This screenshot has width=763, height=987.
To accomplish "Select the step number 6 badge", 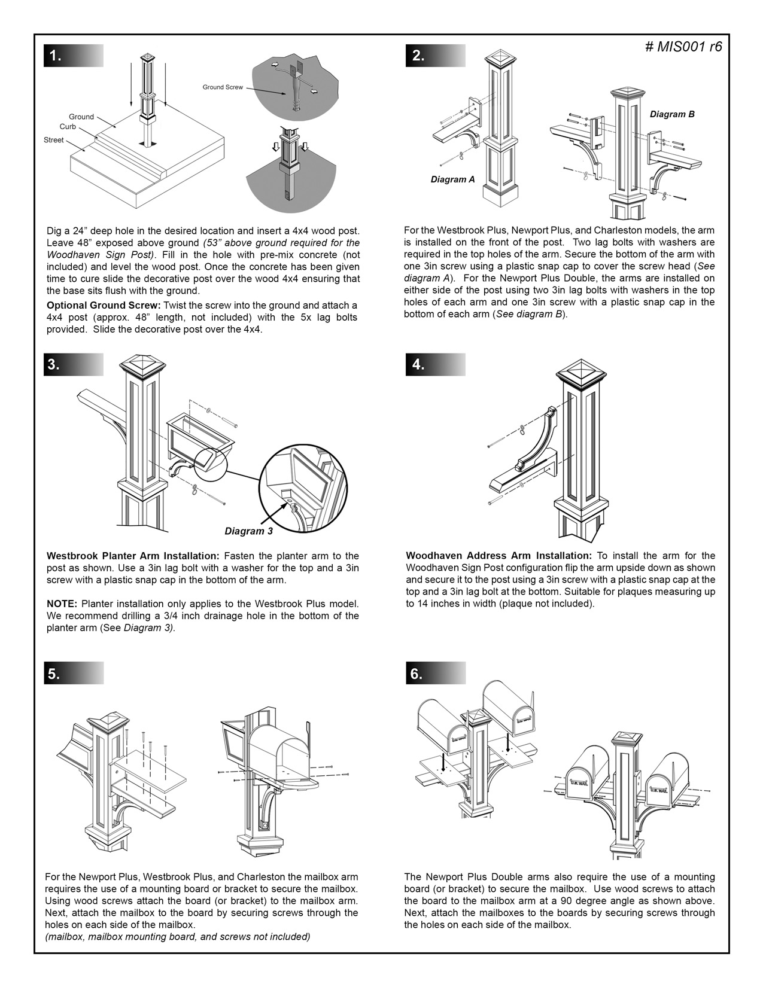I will [417, 674].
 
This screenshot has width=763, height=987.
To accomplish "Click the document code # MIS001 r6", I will [683, 47].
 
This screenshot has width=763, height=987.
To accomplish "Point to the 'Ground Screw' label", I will [223, 87].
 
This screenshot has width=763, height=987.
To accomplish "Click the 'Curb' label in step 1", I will [68, 127].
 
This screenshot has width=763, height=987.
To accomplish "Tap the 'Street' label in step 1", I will [54, 140].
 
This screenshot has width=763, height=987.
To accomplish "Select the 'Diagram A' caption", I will [452, 179].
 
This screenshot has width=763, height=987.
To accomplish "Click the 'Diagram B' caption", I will [672, 114].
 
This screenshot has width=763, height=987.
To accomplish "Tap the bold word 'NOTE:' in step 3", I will [62, 604].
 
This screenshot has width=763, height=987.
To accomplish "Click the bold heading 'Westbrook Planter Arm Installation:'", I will [133, 556].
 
